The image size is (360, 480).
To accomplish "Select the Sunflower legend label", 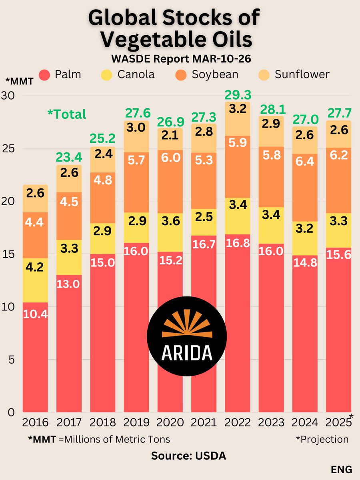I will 302,74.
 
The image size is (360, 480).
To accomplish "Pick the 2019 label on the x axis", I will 136,422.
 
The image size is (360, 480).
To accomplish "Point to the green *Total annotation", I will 67,114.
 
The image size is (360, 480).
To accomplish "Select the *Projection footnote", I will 322,439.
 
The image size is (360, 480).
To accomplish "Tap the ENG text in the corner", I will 341,469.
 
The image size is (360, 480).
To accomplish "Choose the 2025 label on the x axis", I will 338,422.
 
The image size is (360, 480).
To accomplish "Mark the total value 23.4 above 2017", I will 69,157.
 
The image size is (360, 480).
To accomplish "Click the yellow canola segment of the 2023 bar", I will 272,226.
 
